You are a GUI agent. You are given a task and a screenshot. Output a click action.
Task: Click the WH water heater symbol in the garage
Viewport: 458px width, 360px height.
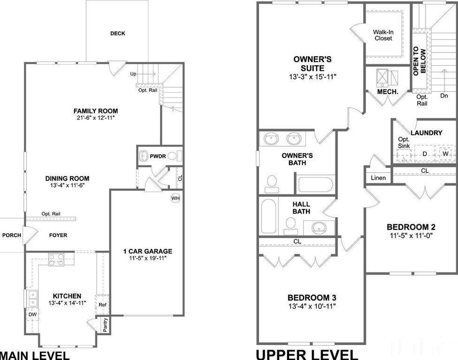(x=176, y=198)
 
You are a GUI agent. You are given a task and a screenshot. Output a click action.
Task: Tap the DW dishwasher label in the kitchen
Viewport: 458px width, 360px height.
(x=32, y=315)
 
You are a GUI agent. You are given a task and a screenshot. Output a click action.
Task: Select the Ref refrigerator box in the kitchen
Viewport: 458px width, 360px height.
(x=102, y=305)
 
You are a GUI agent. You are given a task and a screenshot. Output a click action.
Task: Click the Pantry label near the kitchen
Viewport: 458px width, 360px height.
(x=105, y=325)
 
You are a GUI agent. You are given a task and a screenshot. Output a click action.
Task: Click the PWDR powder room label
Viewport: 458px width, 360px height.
(x=158, y=156)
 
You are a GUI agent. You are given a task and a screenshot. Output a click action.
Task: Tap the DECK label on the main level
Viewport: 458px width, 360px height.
(x=117, y=33)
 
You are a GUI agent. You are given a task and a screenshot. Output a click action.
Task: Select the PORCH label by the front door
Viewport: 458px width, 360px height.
(x=12, y=235)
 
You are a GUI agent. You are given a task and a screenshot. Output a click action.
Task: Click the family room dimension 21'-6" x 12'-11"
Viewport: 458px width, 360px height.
(x=95, y=118)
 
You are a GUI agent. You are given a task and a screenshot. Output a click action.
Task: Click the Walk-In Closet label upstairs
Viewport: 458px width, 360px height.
(x=383, y=35)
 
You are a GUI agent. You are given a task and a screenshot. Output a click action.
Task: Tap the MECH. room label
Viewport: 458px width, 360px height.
(x=388, y=92)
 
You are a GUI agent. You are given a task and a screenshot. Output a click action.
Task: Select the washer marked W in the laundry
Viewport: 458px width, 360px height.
(x=445, y=154)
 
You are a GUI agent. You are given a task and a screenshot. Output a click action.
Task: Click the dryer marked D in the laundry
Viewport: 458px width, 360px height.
(x=425, y=154)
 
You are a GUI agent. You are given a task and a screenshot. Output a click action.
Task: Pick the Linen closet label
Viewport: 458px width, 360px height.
(x=378, y=178)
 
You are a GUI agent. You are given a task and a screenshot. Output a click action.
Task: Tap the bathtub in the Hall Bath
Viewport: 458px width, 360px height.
(x=268, y=216)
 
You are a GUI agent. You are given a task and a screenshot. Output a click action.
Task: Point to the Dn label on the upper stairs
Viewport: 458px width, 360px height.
(x=444, y=96)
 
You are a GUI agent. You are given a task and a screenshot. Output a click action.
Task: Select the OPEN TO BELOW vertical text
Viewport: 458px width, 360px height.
(x=419, y=61)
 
